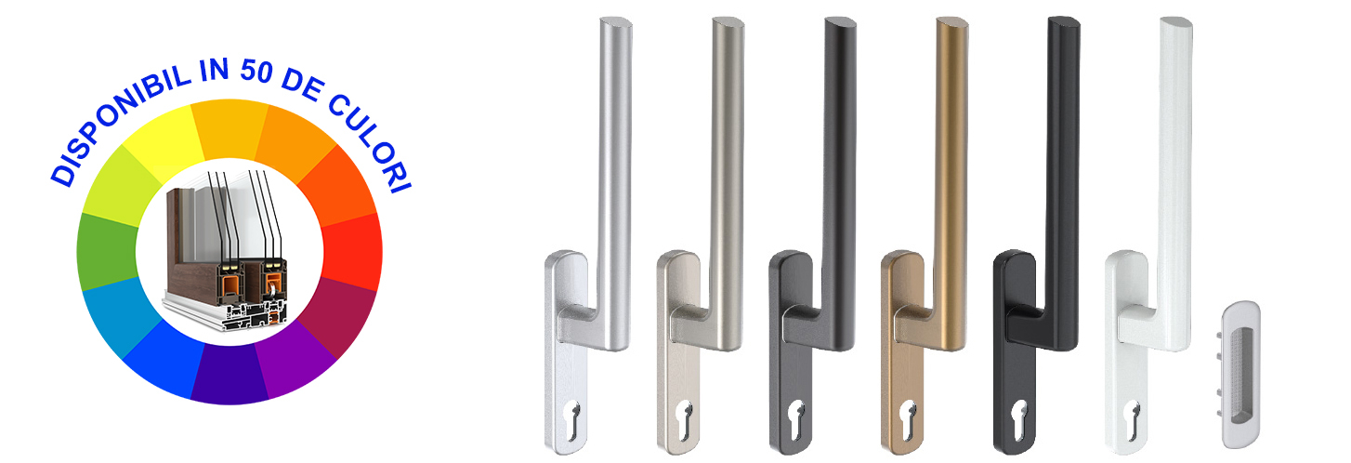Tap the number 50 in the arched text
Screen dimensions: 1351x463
[256, 71]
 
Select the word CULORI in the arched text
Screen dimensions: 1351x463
[369, 142]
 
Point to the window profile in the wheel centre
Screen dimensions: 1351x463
[226, 250]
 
